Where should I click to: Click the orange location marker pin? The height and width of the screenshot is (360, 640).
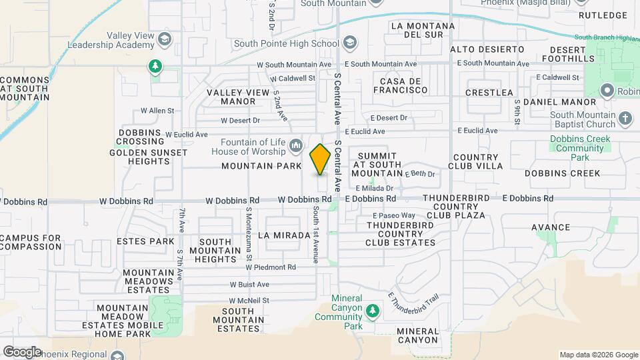[320, 159]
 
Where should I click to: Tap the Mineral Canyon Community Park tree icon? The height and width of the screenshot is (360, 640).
[373, 311]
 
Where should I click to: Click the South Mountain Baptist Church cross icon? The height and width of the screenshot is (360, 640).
[625, 119]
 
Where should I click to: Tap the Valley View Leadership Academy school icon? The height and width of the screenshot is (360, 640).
[163, 41]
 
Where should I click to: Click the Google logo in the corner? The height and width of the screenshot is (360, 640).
[21, 351]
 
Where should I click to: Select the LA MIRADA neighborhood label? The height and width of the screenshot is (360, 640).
[284, 235]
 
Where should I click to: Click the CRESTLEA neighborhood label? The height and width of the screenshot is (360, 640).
[489, 92]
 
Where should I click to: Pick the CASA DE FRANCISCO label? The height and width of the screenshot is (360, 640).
[403, 85]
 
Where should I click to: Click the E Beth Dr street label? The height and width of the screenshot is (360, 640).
[422, 174]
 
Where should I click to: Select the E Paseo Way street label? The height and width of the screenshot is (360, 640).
[393, 215]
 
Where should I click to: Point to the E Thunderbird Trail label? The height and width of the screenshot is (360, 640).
[414, 301]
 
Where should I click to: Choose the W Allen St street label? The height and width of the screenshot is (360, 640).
[157, 111]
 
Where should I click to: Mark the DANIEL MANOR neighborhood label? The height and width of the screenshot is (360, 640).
[559, 102]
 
